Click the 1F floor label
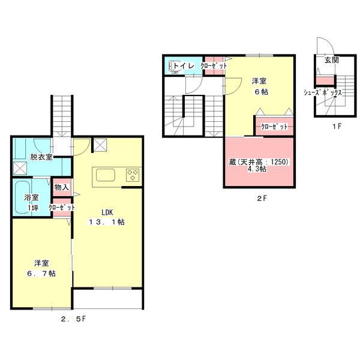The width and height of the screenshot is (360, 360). click(337, 126)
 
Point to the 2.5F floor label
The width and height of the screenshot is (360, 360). click(73, 319)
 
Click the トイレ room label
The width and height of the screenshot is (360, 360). click(184, 65)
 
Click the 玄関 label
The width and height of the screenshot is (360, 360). click(331, 60)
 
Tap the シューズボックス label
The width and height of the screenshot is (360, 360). click(323, 93)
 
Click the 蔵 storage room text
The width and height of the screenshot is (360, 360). click(259, 166)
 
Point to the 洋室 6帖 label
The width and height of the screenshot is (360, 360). click(260, 86)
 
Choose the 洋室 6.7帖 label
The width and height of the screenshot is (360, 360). click(41, 268)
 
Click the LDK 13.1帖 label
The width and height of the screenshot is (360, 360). click(107, 217)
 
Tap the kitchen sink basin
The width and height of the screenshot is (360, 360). click(106, 175)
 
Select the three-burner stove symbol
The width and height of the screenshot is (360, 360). click(133, 175)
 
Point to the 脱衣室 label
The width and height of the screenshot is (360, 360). click(41, 157)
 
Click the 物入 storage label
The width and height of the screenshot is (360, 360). click(62, 187)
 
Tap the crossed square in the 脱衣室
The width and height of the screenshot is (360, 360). click(20, 168)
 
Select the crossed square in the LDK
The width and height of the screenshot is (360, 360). click(100, 145)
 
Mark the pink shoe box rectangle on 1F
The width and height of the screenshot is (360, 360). click(325, 81)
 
